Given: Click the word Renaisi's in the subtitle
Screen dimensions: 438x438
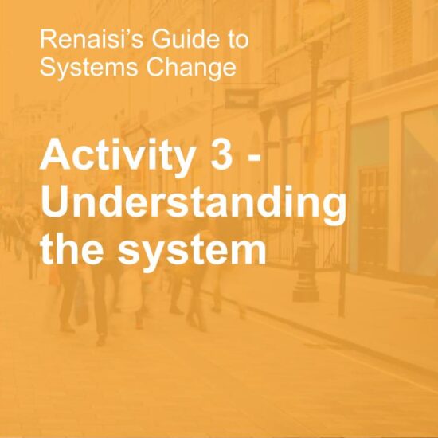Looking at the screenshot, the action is (x=92, y=38).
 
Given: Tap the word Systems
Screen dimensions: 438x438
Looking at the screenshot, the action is (x=89, y=68).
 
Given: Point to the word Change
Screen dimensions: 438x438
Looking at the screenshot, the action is (x=191, y=68).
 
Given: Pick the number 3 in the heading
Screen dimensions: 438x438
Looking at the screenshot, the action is (x=221, y=154).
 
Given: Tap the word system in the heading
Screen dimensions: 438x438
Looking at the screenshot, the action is (x=191, y=250).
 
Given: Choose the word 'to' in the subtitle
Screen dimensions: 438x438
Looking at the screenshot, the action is (x=239, y=39).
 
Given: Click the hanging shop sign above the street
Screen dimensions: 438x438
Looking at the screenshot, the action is (x=242, y=99).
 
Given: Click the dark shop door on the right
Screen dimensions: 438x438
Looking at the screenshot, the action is (x=373, y=215).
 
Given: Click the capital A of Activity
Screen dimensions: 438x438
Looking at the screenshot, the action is (x=55, y=154).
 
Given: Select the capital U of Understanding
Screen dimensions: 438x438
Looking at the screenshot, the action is (x=55, y=201).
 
